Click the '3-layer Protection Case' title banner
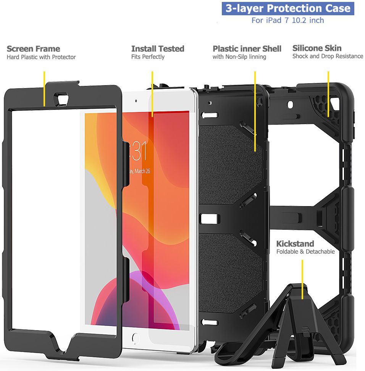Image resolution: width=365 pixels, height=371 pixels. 288,8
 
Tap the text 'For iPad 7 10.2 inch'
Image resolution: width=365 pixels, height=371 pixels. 287,20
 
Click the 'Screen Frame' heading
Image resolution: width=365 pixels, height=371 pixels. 33,49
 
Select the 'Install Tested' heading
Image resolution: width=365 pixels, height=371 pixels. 158,49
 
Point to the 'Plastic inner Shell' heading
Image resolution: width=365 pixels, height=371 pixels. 247,49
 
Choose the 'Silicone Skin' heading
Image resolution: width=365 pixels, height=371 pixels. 317,48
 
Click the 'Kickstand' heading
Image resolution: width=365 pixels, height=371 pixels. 295,244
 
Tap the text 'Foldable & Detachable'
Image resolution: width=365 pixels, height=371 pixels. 305,252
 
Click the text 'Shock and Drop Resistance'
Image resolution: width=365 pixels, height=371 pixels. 328,56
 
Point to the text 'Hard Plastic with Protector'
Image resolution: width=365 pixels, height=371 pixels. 41,57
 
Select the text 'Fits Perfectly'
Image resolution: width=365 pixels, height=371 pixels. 148,57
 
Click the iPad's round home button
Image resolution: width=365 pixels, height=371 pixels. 134,338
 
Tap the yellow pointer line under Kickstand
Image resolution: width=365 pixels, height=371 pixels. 302,279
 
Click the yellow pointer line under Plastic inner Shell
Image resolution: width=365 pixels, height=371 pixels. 255,111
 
